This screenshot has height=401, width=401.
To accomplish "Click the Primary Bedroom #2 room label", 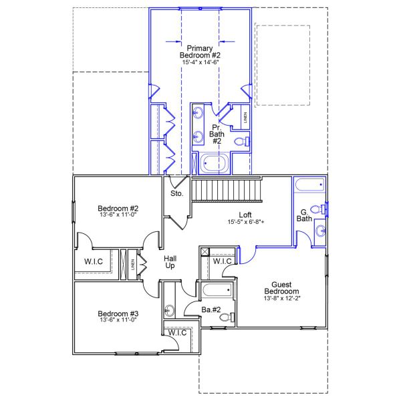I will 200,51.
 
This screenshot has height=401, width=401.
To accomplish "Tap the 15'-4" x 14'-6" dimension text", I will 200,61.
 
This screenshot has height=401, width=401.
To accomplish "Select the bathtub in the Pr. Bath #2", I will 213,162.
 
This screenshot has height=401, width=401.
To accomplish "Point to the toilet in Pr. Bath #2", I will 243,141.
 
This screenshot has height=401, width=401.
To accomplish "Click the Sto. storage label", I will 176,194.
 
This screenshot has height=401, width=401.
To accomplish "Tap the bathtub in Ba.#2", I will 217,291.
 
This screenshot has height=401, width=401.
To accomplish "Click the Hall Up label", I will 170,261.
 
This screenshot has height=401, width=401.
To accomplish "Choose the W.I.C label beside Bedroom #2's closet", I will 94,261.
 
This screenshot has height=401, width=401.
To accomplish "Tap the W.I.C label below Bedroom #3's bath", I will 177,332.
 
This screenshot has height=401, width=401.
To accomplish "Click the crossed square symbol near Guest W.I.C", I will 205,252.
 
